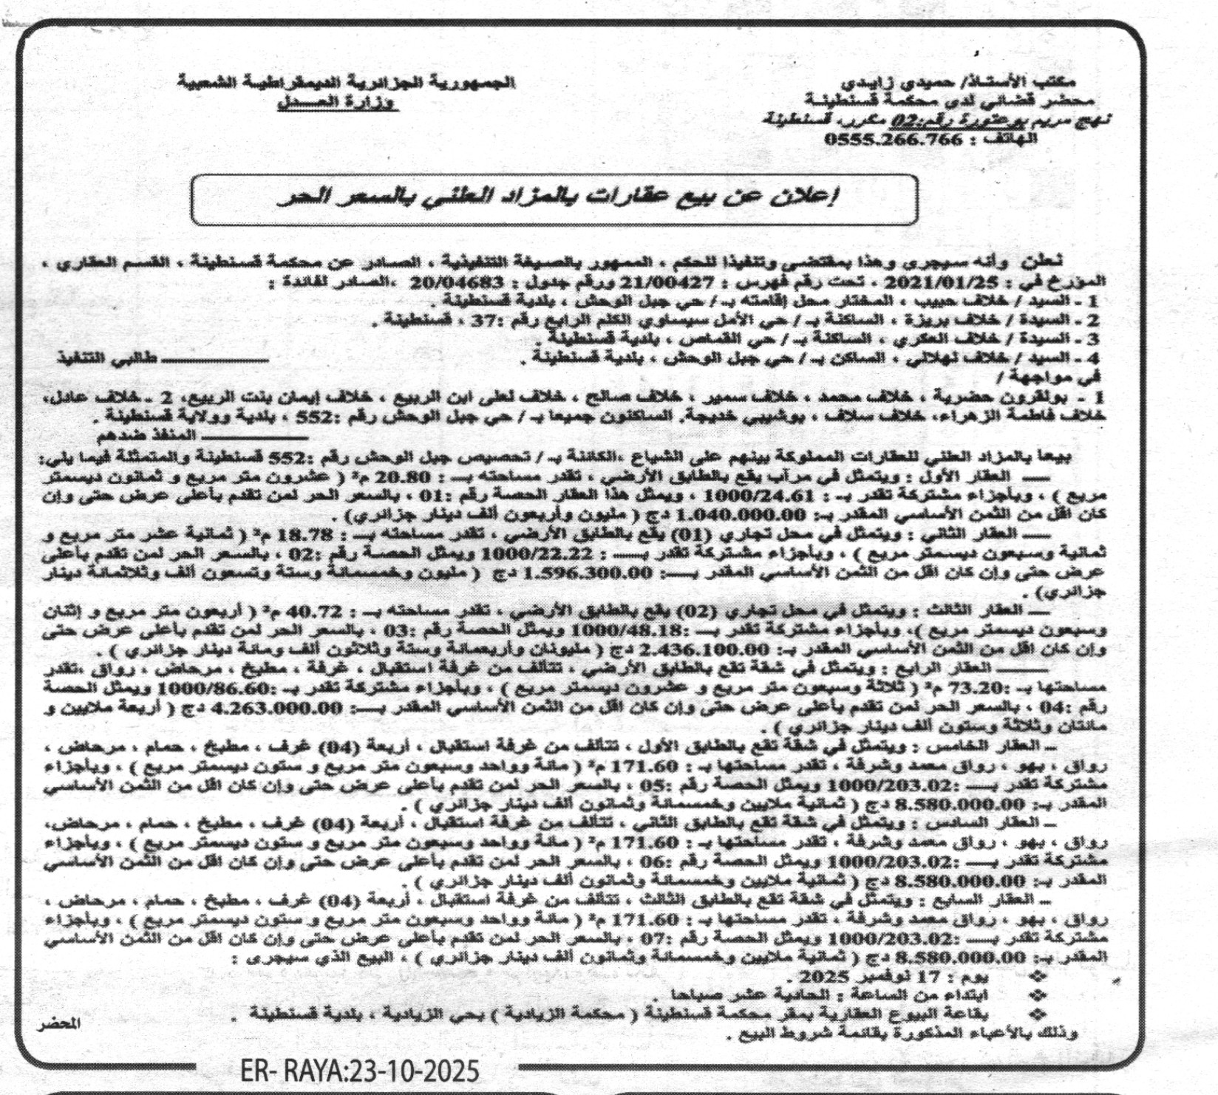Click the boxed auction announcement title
pos(554,199)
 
